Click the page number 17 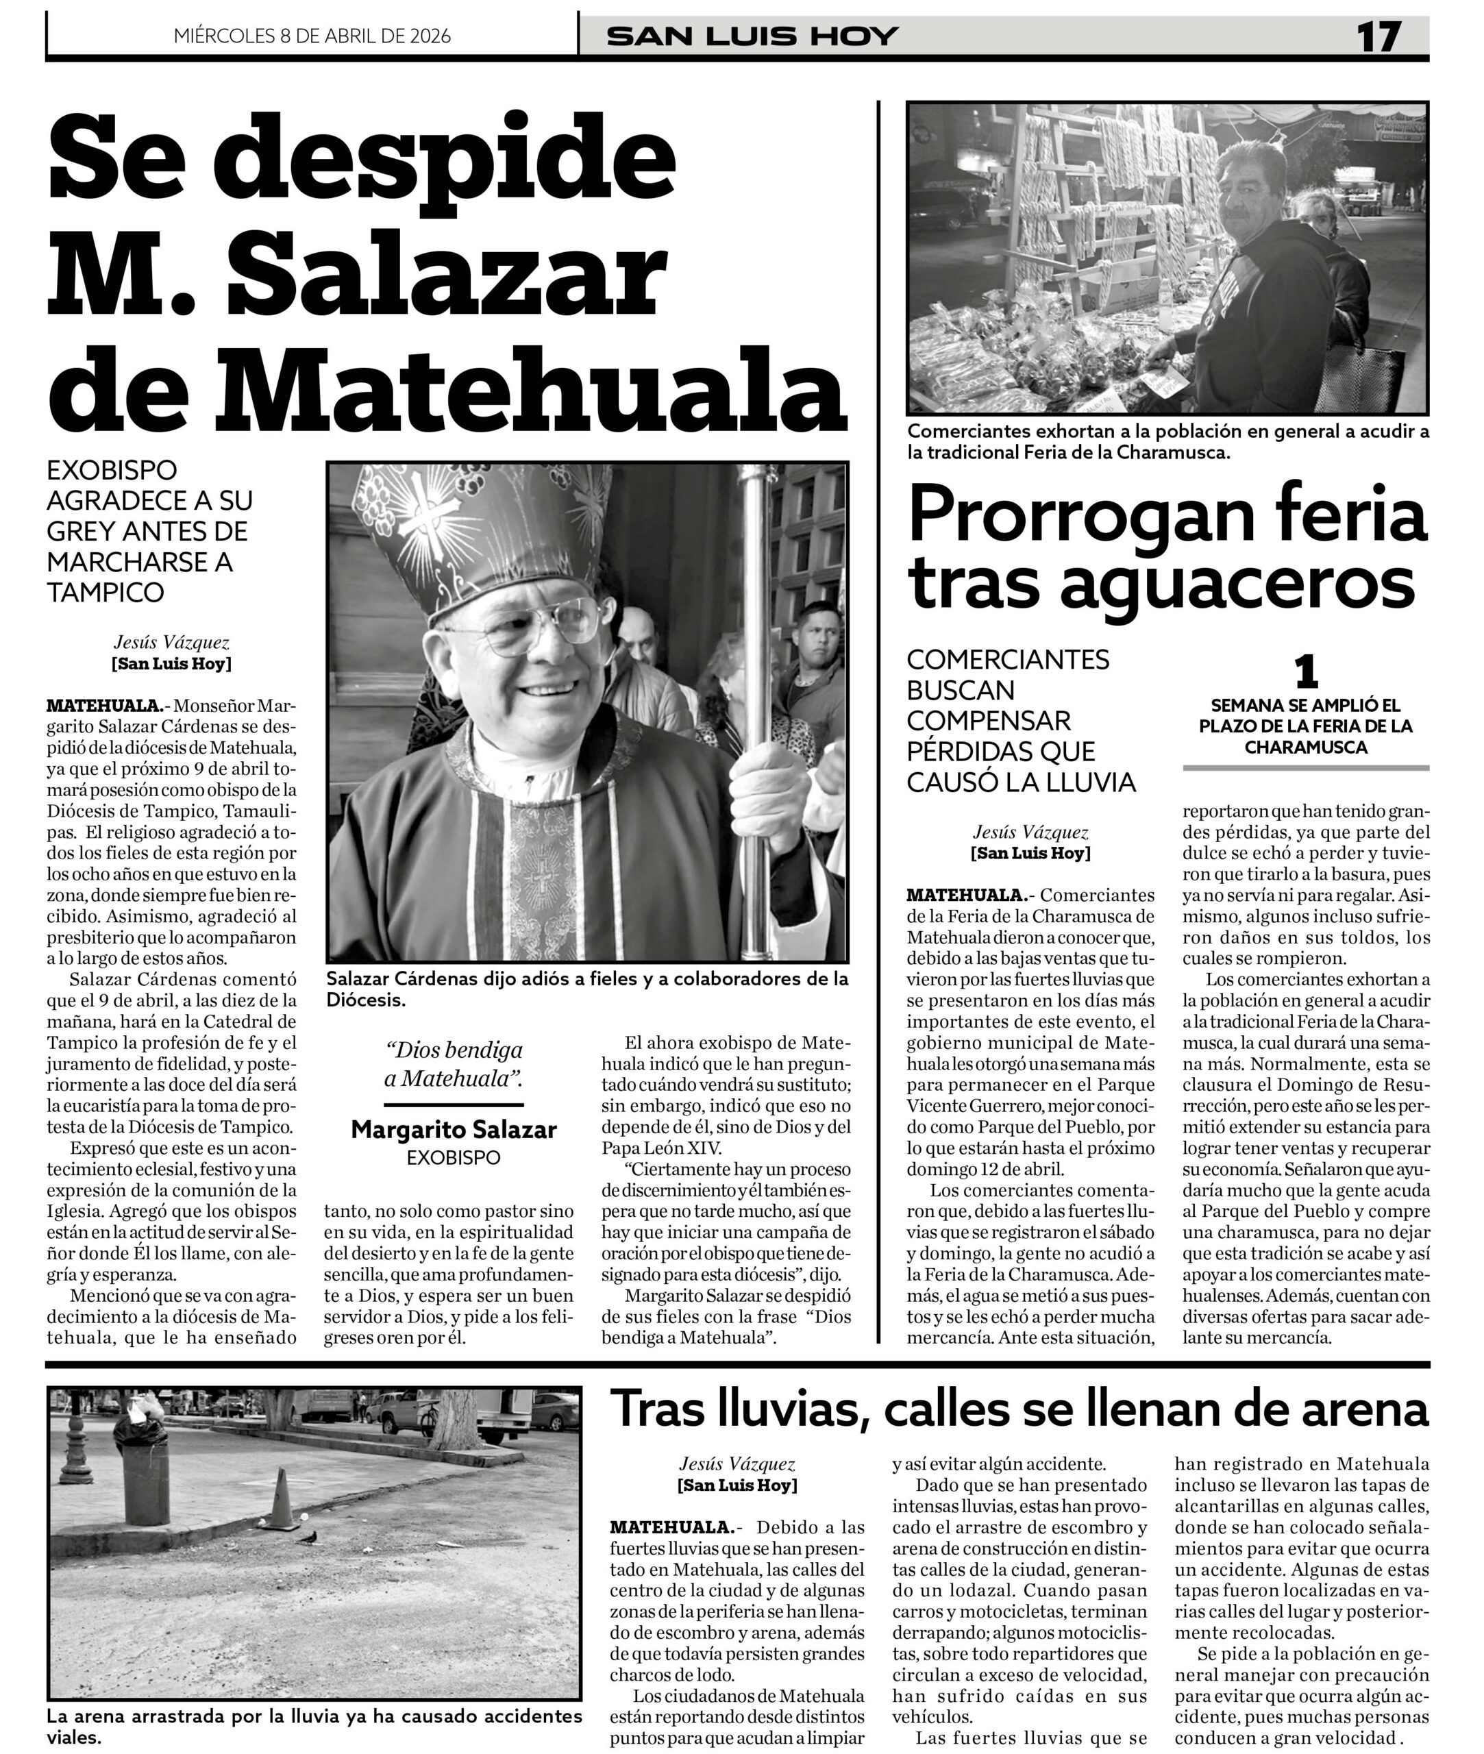[1378, 36]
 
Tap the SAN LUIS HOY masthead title [753, 36]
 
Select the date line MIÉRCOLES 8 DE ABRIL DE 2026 [312, 36]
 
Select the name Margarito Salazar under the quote [454, 1130]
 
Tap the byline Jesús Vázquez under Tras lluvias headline [737, 1465]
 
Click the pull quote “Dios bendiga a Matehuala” [454, 1064]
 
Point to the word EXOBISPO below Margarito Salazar [454, 1157]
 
